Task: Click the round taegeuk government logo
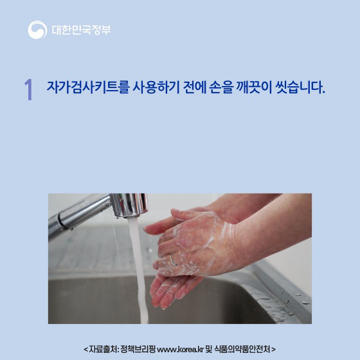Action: [x=37, y=30]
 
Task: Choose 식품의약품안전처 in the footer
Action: [x=242, y=349]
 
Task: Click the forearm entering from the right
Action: [x=283, y=231]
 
